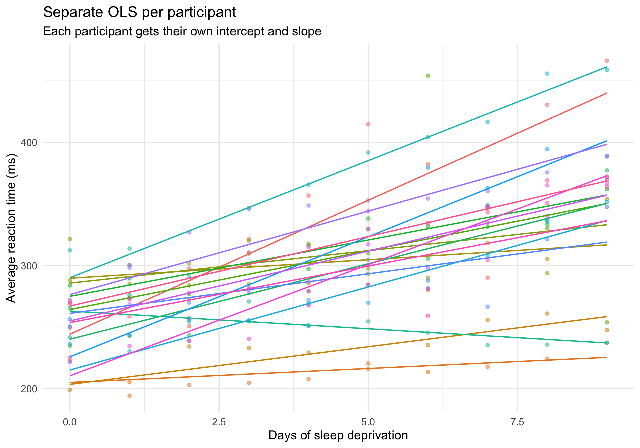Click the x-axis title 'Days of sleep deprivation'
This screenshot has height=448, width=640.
click(x=338, y=436)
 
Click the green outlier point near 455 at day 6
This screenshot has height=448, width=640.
click(x=428, y=76)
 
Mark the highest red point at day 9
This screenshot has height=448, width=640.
click(x=607, y=61)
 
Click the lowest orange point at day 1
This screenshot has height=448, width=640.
click(x=130, y=396)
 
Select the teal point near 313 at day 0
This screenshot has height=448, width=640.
click(x=70, y=250)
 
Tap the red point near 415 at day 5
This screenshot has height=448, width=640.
click(x=368, y=124)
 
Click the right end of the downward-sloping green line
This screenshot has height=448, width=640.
click(x=607, y=343)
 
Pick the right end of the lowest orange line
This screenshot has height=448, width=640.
click(x=607, y=357)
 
